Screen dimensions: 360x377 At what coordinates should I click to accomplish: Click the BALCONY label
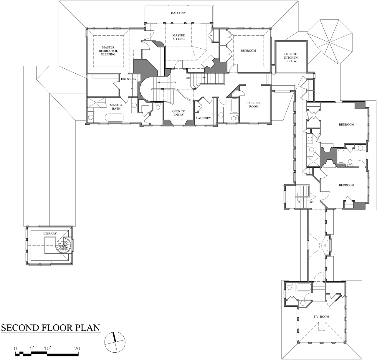click(178, 13)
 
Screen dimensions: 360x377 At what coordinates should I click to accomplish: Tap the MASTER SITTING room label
click(178, 37)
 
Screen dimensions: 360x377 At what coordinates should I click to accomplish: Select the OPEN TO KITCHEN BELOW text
click(291, 57)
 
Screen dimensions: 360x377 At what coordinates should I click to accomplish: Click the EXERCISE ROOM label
click(254, 105)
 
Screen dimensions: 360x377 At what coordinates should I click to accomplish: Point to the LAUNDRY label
click(204, 118)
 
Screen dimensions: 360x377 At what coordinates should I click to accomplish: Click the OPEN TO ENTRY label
click(178, 113)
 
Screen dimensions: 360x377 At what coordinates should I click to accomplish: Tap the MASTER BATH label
click(116, 107)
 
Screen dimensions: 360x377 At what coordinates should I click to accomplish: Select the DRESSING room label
click(128, 79)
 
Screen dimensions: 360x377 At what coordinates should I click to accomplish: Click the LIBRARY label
click(50, 234)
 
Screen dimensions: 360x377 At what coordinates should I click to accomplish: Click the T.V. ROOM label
click(321, 317)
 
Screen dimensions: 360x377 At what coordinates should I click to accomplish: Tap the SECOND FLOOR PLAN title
click(50, 328)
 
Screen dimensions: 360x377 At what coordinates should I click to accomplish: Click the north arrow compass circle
click(115, 342)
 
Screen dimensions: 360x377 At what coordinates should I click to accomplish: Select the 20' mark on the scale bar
click(77, 349)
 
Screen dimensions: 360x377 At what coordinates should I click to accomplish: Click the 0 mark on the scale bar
click(15, 349)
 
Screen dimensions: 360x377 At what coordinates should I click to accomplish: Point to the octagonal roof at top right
click(330, 42)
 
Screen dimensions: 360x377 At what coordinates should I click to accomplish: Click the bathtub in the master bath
click(114, 118)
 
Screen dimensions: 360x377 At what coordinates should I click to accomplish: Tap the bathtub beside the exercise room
click(234, 105)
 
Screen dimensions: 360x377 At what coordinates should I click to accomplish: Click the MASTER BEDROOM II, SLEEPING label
click(108, 51)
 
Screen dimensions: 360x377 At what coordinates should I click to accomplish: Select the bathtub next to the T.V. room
click(303, 288)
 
